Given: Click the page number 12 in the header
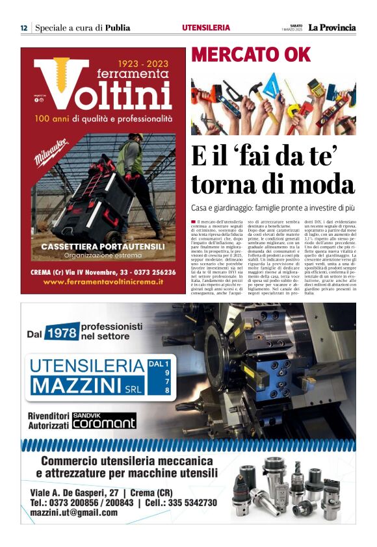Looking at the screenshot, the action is tap(23, 28).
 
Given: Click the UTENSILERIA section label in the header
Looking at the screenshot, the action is tap(206, 28).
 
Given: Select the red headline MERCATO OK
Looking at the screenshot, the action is tap(242, 55).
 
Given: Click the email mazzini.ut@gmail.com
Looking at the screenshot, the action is tap(74, 513).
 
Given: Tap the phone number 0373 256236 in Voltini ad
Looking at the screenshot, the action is tap(149, 272).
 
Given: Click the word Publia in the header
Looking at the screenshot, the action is tap(118, 28).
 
